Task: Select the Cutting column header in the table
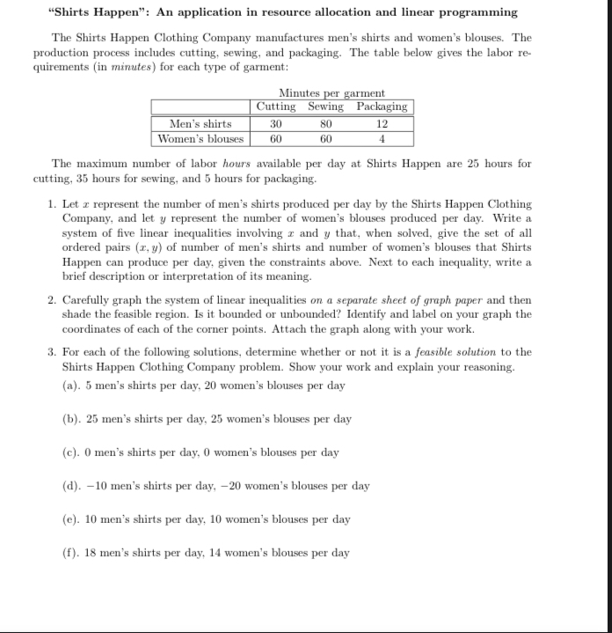pyautogui.click(x=276, y=107)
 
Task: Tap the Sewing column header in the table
pyautogui.click(x=325, y=107)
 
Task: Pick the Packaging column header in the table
pyautogui.click(x=382, y=107)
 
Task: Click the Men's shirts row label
pyautogui.click(x=200, y=123)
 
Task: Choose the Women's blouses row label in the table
pyautogui.click(x=200, y=138)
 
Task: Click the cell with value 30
pyautogui.click(x=275, y=123)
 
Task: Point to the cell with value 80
pyautogui.click(x=325, y=123)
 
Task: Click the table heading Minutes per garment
pyautogui.click(x=331, y=93)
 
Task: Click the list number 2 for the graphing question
pyautogui.click(x=51, y=300)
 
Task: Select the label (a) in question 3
pyautogui.click(x=70, y=386)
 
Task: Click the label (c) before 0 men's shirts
pyautogui.click(x=70, y=453)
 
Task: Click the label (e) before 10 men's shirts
pyautogui.click(x=70, y=519)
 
